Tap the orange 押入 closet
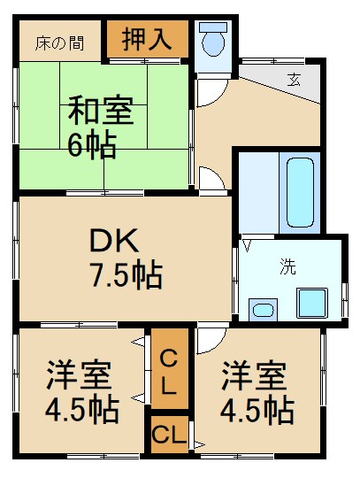(x=147, y=40)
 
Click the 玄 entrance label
(x=294, y=80)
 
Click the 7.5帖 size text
(x=124, y=275)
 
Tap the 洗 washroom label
(x=287, y=265)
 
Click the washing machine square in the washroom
(x=311, y=302)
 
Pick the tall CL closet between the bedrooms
(x=168, y=371)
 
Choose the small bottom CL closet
(x=168, y=435)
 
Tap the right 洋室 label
(x=254, y=375)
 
